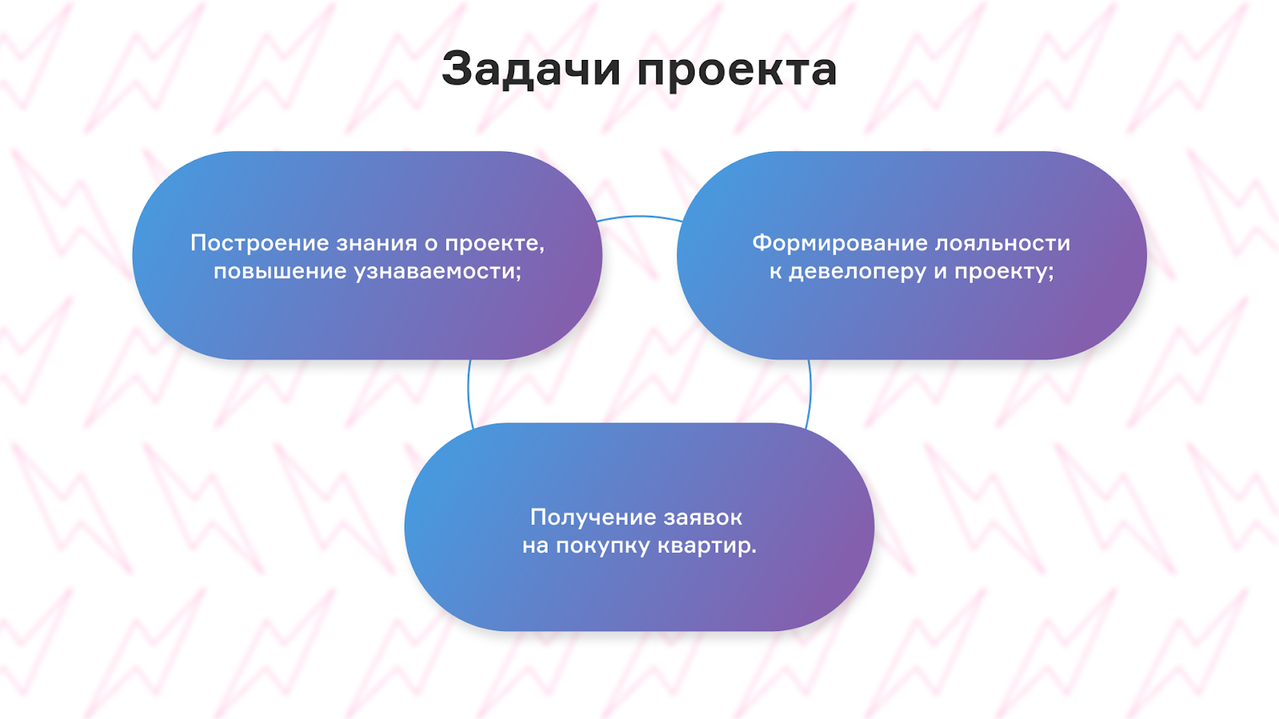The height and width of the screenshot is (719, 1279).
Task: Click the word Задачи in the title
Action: pyautogui.click(x=531, y=70)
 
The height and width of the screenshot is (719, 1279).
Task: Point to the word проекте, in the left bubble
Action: pyautogui.click(x=494, y=244)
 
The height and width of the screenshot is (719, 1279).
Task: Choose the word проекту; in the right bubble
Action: pyautogui.click(x=1004, y=272)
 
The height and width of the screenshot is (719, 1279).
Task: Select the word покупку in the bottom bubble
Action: pyautogui.click(x=603, y=546)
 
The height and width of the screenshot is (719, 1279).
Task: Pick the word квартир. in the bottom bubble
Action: pyautogui.click(x=707, y=546)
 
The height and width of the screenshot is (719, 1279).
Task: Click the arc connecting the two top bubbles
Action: pyautogui.click(x=639, y=216)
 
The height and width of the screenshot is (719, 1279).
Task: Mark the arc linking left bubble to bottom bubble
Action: pyautogui.click(x=469, y=391)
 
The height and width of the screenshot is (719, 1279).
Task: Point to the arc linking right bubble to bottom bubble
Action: pyautogui.click(x=810, y=391)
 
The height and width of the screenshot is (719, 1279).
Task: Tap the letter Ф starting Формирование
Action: pyautogui.click(x=762, y=243)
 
